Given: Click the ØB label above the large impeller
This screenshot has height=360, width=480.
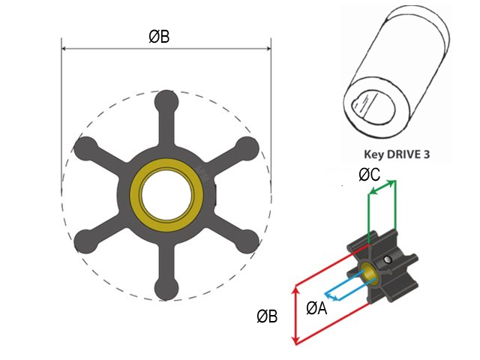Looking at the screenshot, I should pos(158,36).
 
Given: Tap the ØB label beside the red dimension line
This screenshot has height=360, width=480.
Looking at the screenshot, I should pos(267,317).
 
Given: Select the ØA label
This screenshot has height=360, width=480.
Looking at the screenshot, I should pos(316,307).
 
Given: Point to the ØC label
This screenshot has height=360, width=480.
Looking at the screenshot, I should pos(370,175).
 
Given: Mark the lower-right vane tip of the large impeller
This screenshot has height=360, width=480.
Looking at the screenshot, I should pos(248,243).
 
